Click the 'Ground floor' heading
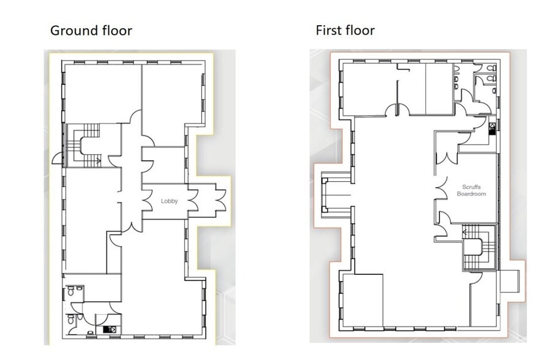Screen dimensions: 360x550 tap(91, 30)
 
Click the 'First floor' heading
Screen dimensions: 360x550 tap(345, 30)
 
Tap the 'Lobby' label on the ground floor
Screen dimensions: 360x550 tap(169, 201)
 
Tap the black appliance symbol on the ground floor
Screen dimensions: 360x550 tap(111, 329)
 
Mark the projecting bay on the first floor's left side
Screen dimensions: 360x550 tap(333, 197)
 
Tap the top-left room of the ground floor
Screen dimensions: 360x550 tap(101, 92)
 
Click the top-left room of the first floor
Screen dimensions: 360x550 tap(367, 89)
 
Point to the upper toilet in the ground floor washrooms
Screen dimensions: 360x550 tap(72, 293)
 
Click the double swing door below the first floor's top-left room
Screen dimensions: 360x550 tap(397, 110)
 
